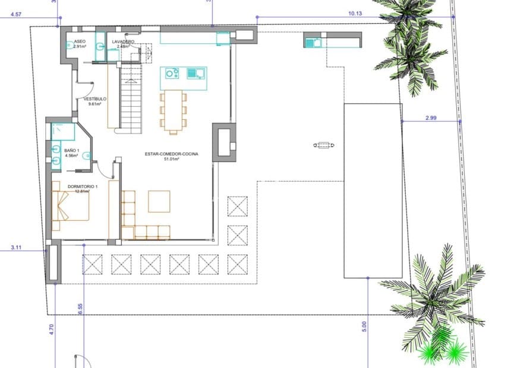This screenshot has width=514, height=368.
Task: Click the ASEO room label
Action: (80, 42)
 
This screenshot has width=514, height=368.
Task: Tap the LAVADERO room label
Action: (123, 42)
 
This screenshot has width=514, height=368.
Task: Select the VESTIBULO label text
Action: (94, 99)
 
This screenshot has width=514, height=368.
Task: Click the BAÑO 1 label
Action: (71, 151)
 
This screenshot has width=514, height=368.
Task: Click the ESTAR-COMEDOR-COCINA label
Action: (171, 154)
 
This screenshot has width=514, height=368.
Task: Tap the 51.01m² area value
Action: (171, 159)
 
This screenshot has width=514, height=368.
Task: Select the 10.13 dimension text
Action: (355, 12)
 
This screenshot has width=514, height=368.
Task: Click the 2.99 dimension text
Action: (431, 118)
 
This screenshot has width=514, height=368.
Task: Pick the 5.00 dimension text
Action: (364, 326)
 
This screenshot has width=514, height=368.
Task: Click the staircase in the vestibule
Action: (131, 98)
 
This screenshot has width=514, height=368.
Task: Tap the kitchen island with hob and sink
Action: (183, 78)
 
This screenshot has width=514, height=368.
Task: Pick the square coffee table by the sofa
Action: (159, 201)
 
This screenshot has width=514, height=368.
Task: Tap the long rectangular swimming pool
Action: (373, 190)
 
